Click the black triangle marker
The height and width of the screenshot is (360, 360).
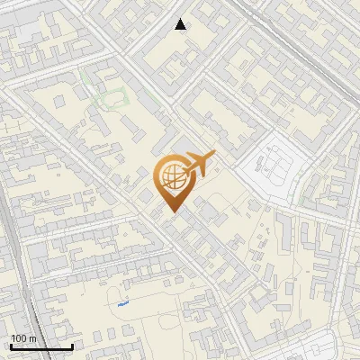(181, 24)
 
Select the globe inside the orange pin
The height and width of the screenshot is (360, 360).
(171, 177)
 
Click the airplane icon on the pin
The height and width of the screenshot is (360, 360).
(197, 166)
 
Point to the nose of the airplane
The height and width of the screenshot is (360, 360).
(215, 155)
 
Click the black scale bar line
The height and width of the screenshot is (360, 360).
(41, 346)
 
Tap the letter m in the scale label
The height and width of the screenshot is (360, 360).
(32, 338)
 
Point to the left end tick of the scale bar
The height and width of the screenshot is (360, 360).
(11, 345)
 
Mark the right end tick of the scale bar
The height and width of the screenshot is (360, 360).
(73, 345)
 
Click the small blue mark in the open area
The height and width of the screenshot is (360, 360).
(122, 304)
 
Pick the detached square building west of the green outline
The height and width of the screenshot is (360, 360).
(59, 102)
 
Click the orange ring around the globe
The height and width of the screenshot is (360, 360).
(157, 177)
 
